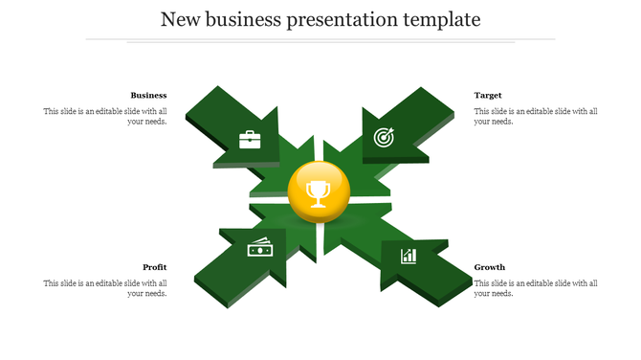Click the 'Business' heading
[148, 95]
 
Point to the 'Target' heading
[488, 95]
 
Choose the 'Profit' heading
[155, 267]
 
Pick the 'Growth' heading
[490, 267]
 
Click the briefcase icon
[250, 140]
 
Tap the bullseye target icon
[383, 137]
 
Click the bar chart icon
[409, 256]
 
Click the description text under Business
[105, 117]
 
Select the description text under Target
[536, 117]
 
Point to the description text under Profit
[105, 288]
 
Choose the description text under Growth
[536, 288]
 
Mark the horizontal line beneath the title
[320, 40]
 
